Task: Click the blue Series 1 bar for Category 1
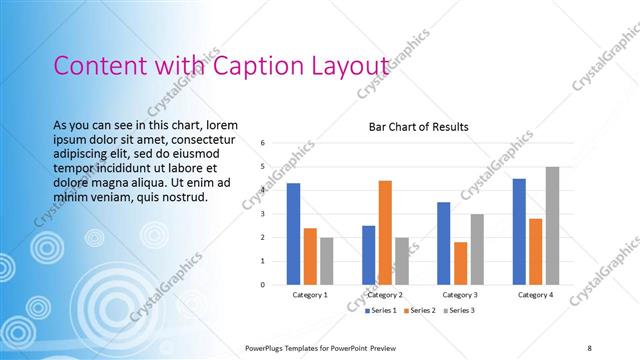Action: [x=293, y=234]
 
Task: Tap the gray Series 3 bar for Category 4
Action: [x=552, y=226]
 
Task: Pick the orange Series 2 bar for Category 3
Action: [x=460, y=263]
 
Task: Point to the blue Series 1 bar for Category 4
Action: [x=519, y=231]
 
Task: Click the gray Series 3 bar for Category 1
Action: [x=326, y=261]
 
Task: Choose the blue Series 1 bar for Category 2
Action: [x=369, y=255]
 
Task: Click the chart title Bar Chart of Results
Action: [x=418, y=128]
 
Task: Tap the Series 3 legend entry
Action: [x=458, y=311]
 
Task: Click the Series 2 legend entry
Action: [x=419, y=311]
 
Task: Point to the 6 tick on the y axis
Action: [x=262, y=142]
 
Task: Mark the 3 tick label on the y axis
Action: [x=262, y=214]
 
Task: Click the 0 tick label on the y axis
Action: [x=262, y=285]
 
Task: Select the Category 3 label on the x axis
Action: [x=460, y=296]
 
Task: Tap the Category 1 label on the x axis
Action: [x=310, y=296]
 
